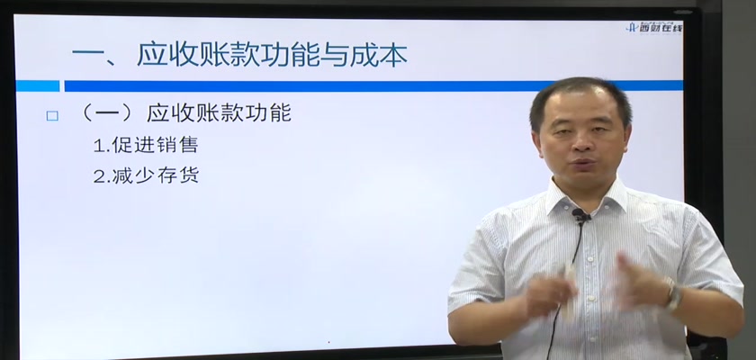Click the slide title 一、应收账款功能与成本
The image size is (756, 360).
239,55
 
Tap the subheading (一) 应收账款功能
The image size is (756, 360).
185,113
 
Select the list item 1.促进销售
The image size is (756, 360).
146,145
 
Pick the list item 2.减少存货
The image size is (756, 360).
146,175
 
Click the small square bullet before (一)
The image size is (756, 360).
52,116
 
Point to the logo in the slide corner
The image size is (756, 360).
654,27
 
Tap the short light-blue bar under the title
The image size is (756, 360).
38,85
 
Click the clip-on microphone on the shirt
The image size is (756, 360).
580,216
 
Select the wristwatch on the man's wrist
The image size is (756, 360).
673,294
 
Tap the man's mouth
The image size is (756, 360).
582,165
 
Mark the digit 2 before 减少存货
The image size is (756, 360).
99,176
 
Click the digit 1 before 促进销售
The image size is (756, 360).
98,146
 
